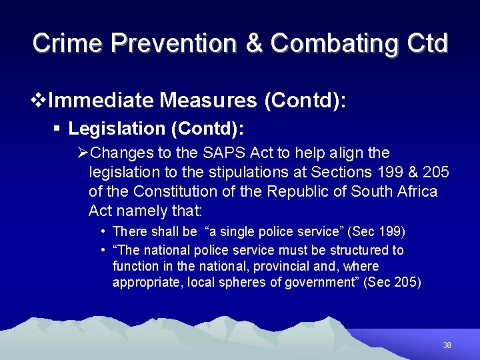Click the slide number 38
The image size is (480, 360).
coord(447,345)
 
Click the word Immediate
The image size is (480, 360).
coord(101,101)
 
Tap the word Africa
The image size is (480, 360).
coord(417,191)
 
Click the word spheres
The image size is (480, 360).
coord(245,282)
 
